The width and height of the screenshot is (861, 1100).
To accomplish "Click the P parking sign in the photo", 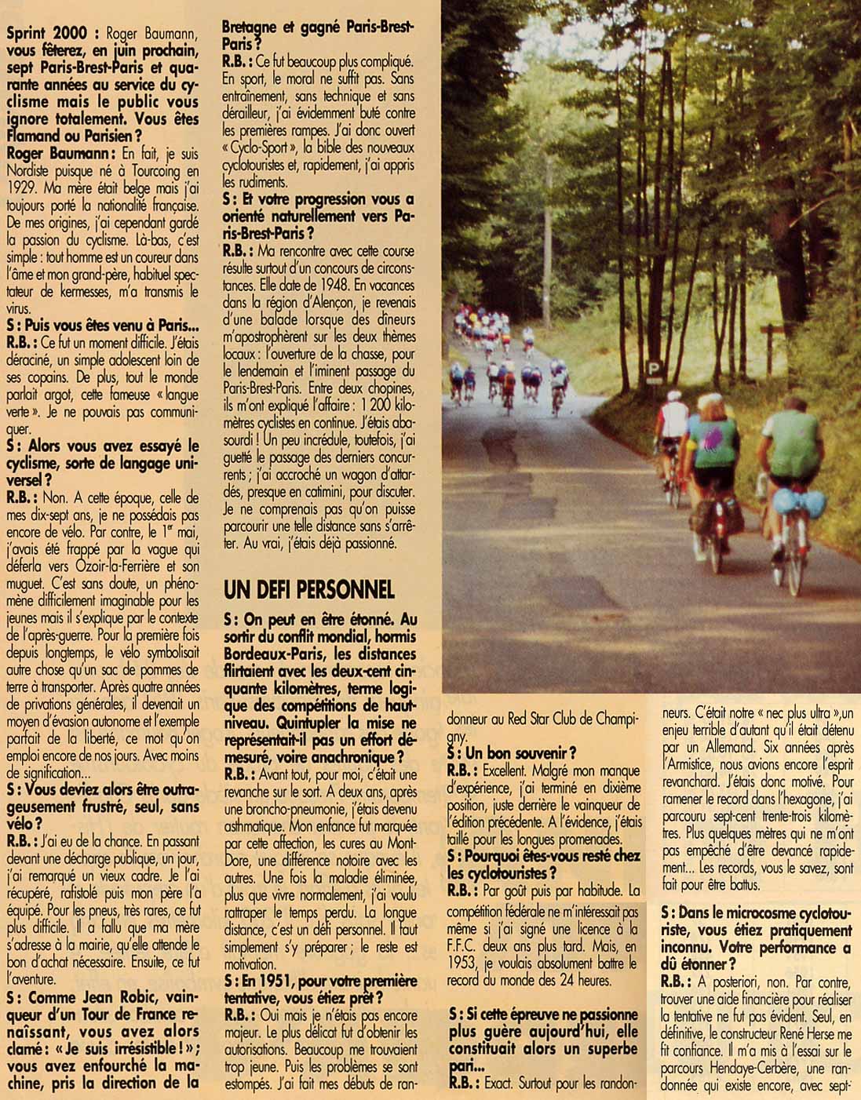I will point(653,368).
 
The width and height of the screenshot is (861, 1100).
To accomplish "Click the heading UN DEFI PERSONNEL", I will point(308,589).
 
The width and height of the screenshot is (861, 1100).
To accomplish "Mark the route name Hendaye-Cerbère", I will point(735,1067).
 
